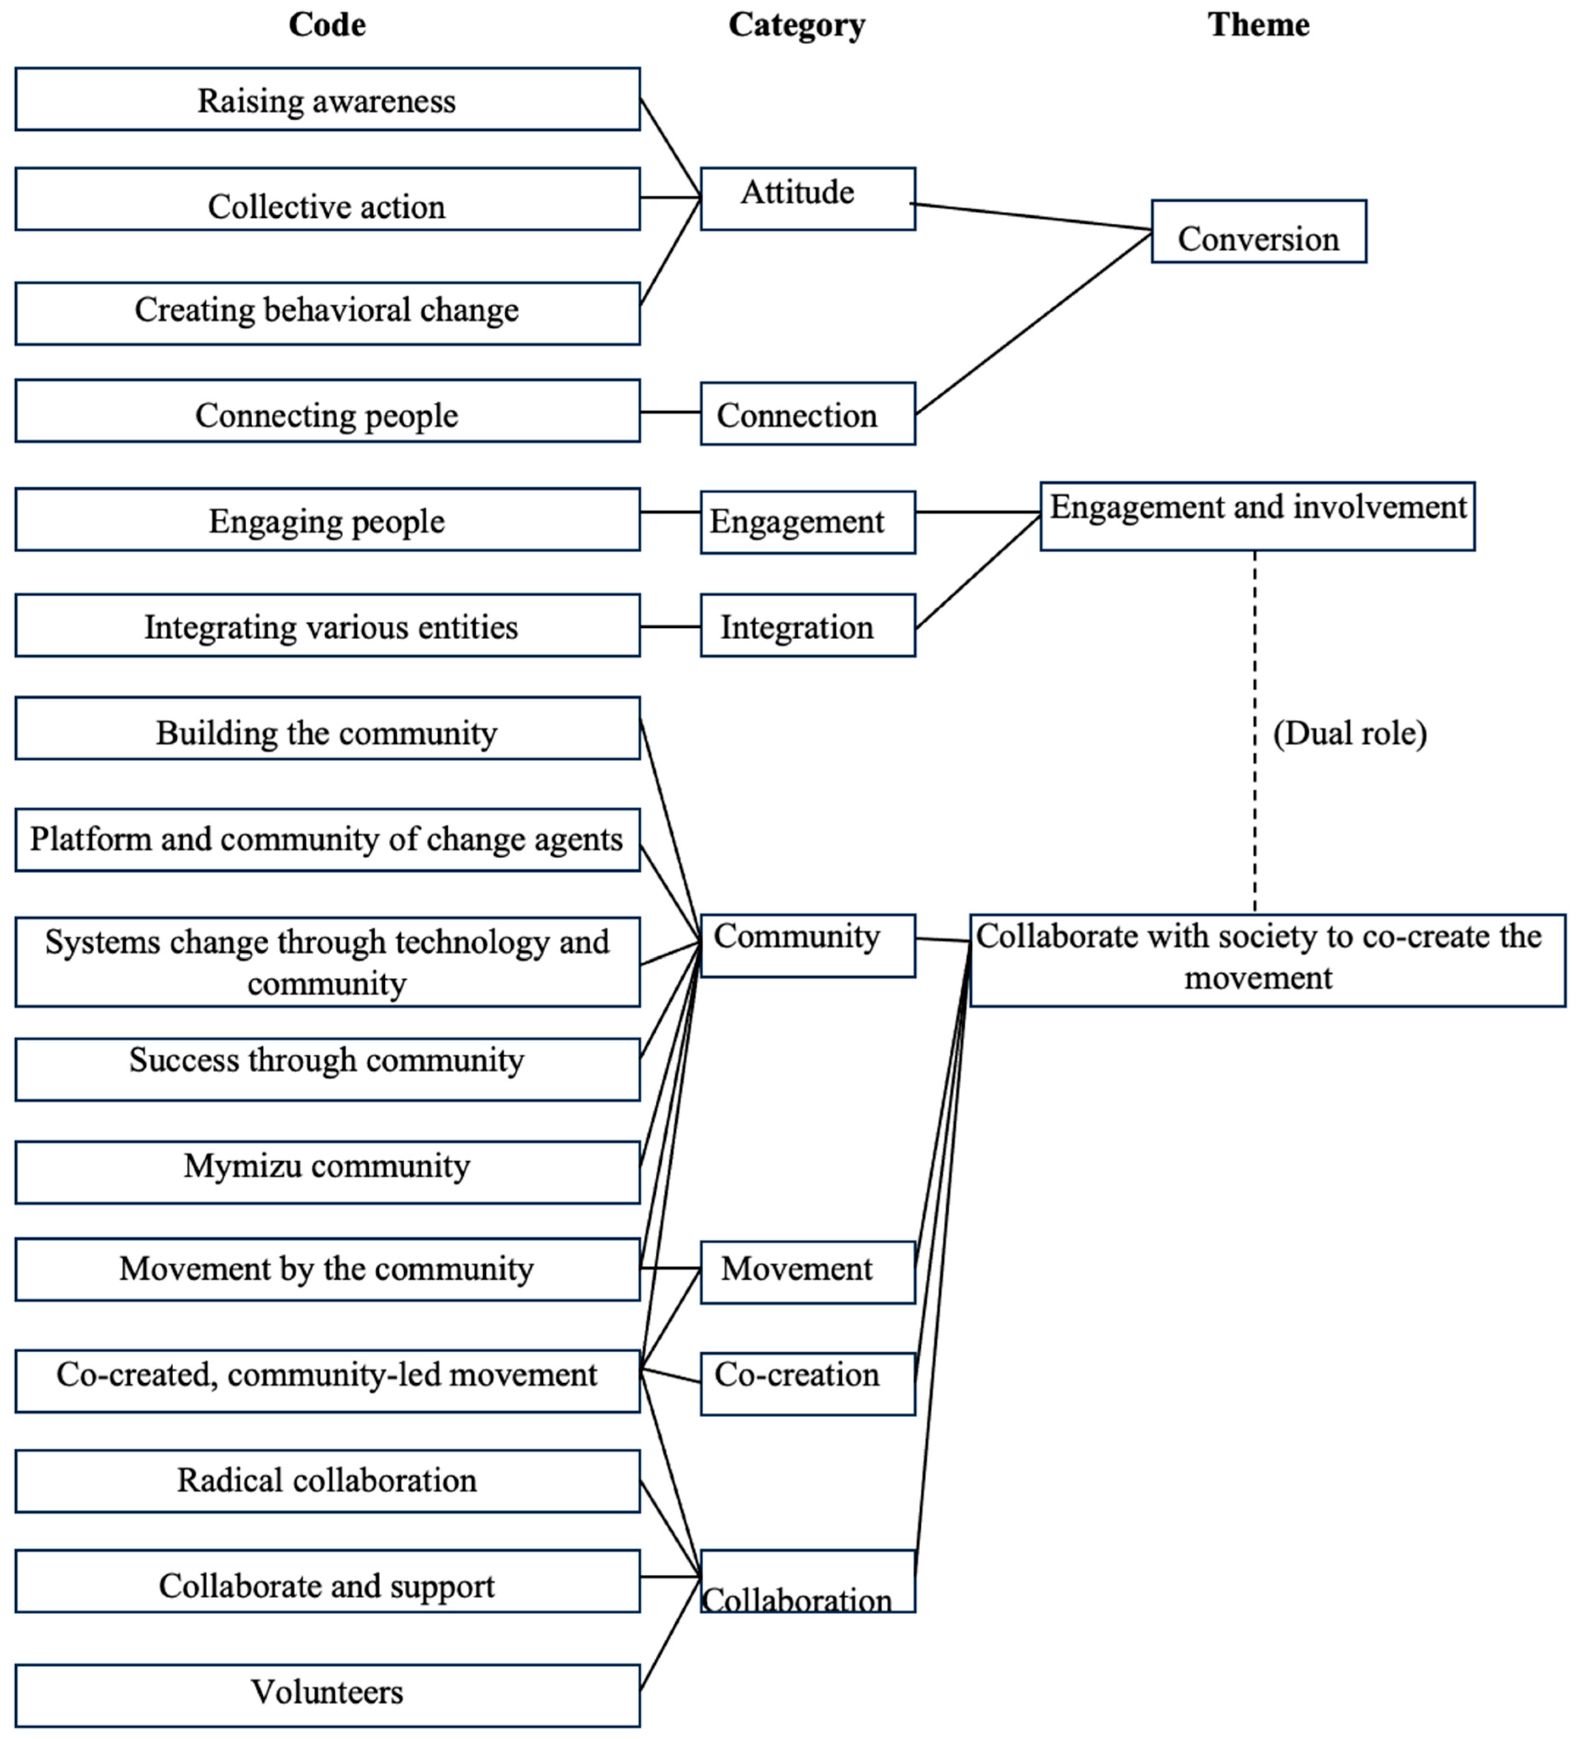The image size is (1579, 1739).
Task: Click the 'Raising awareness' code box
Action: pyautogui.click(x=327, y=100)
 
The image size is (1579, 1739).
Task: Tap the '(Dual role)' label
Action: pyautogui.click(x=1350, y=733)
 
